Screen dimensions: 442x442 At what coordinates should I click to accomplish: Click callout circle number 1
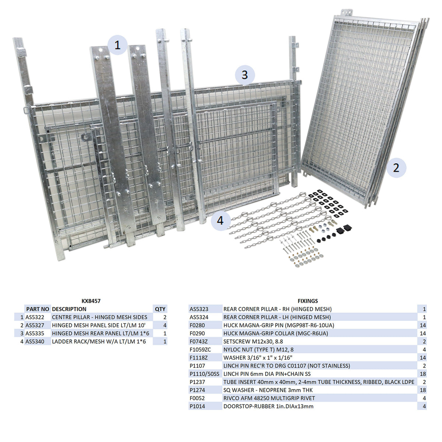tap(117, 45)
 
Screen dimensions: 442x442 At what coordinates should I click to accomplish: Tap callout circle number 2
tap(396, 168)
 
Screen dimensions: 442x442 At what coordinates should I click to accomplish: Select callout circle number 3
tap(245, 75)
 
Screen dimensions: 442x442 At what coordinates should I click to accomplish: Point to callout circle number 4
tap(220, 221)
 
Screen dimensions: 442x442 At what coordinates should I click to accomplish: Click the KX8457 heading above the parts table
tap(91, 301)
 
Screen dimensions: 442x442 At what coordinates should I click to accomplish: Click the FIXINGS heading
tap(308, 301)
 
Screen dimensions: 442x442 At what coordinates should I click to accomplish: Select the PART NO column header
tap(38, 309)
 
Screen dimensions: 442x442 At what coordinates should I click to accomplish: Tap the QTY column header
tap(160, 309)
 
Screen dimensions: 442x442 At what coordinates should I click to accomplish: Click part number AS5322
tap(35, 317)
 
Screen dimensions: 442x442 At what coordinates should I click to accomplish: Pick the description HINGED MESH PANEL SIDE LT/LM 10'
tap(101, 325)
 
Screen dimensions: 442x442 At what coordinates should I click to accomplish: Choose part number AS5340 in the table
tap(35, 341)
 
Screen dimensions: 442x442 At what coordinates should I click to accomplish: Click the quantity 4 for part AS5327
tap(165, 325)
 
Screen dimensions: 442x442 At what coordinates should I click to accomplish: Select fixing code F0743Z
tap(199, 341)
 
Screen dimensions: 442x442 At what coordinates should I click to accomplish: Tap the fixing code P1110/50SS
tap(204, 374)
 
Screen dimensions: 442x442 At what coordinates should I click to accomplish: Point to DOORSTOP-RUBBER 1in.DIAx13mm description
tap(268, 406)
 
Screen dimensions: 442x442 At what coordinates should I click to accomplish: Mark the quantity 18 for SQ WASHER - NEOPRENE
tap(422, 390)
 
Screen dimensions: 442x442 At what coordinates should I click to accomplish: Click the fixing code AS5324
tap(199, 317)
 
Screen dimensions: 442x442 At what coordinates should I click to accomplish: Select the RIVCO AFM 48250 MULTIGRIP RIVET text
tap(269, 398)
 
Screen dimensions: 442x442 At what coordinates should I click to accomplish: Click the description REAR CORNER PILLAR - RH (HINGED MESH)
tap(277, 309)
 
